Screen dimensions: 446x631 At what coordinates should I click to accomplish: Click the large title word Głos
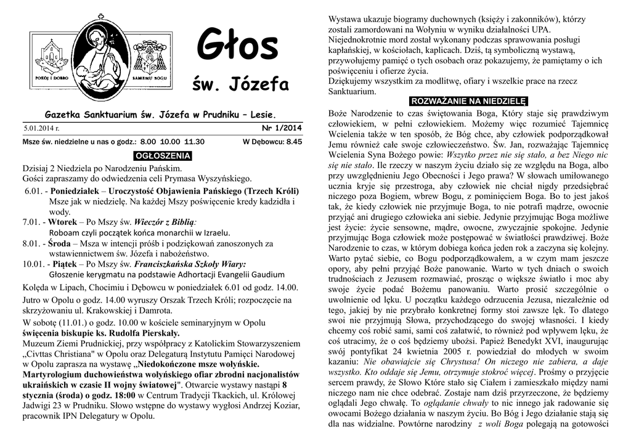coord(237,47)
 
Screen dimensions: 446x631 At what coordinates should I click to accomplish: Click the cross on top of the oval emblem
coord(100,18)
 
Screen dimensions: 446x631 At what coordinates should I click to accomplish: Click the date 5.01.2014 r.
coord(41,129)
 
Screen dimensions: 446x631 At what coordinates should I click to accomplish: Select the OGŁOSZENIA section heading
coord(163,155)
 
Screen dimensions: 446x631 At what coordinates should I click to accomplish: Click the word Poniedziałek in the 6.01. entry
coord(78,191)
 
